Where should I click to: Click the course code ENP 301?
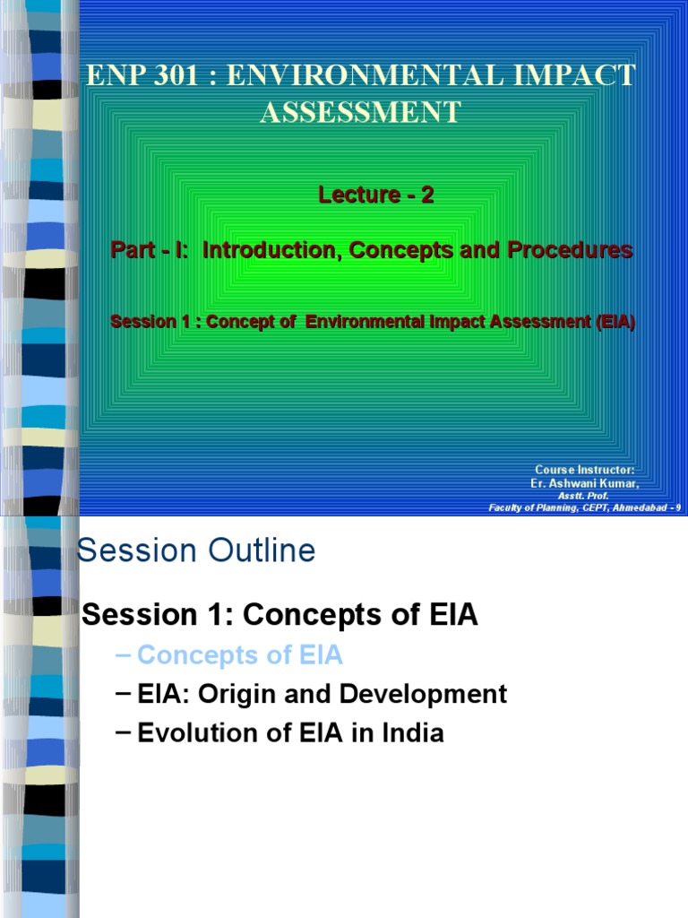tap(133, 76)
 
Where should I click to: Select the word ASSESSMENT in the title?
tap(360, 112)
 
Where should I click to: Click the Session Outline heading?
tap(197, 550)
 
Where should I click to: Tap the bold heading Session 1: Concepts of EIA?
tap(280, 615)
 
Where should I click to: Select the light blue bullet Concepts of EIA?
tap(240, 655)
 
